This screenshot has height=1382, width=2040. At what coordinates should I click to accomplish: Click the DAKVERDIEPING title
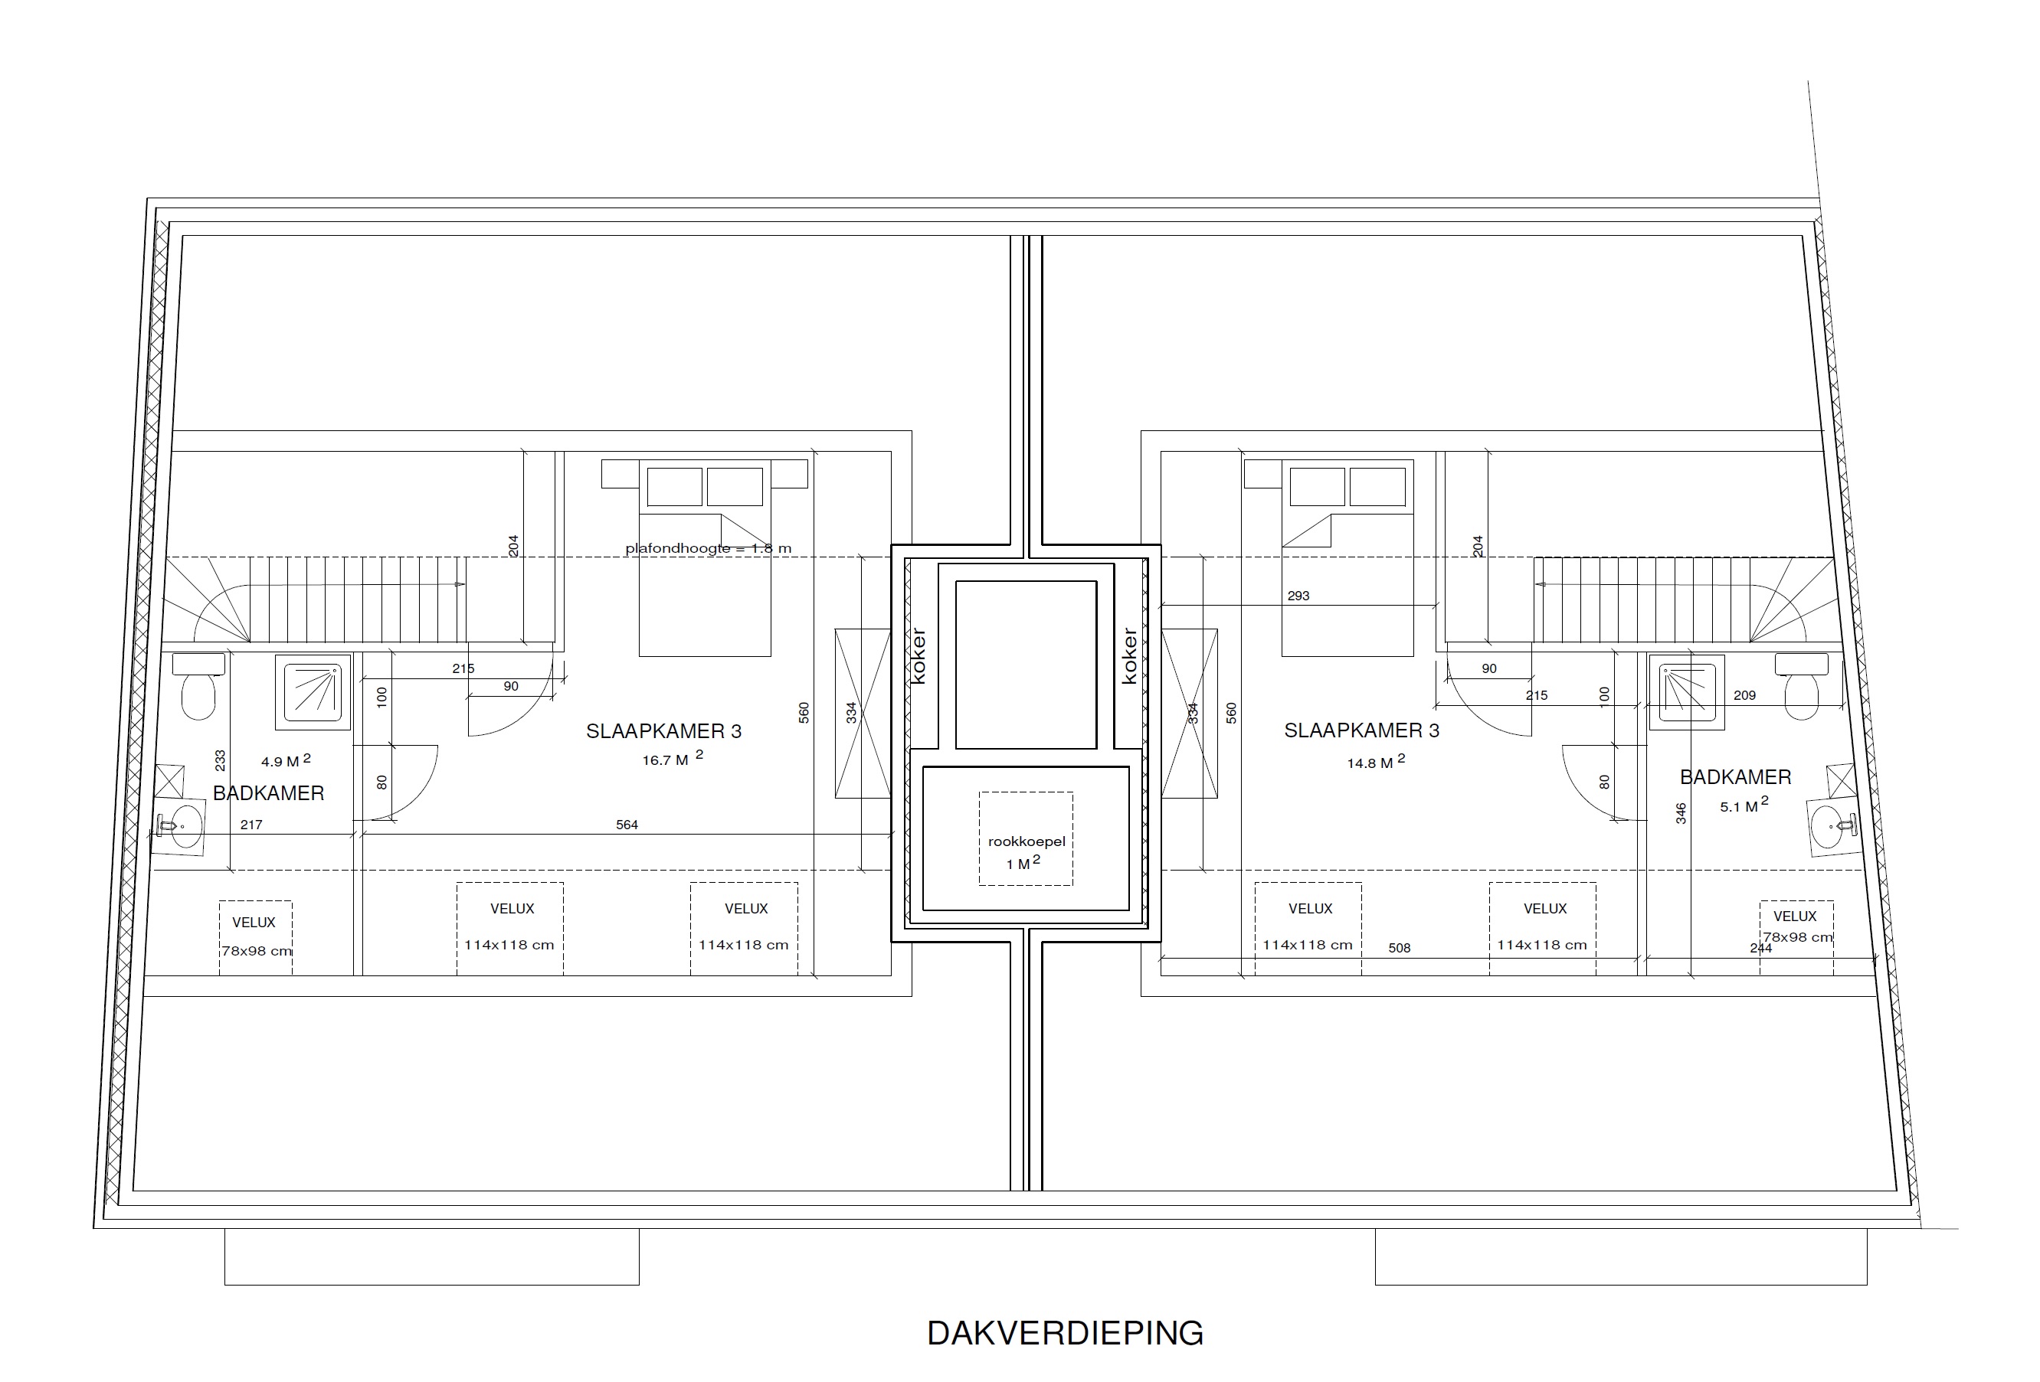1065,1332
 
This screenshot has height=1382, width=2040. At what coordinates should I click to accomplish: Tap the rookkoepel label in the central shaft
1027,841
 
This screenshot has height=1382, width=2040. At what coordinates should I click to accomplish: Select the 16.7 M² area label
673,758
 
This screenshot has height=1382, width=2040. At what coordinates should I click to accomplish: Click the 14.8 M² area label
1376,762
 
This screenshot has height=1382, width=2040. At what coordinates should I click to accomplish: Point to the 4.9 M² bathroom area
285,760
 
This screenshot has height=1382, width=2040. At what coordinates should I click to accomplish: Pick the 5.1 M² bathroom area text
1744,805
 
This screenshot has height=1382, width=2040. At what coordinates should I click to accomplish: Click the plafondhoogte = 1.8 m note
709,548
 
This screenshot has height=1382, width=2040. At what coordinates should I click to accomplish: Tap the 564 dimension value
627,825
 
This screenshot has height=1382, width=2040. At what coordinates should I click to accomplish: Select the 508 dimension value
1400,948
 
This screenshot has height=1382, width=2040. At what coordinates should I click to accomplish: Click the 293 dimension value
1298,596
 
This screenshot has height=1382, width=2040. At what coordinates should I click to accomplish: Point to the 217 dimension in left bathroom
251,825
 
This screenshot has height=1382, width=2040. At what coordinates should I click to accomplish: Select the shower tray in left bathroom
313,691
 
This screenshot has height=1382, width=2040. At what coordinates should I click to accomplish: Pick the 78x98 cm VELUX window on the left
255,937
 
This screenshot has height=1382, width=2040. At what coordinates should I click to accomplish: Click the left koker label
918,655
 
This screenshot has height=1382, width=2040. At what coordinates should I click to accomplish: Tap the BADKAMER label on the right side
1735,776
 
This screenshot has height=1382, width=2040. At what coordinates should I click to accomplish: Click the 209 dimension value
1744,696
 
